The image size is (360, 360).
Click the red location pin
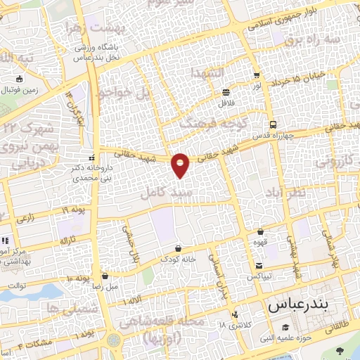(180, 165)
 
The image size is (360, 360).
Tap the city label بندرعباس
(298, 307)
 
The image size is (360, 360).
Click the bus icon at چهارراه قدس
(273, 120)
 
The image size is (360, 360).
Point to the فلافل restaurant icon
(226, 92)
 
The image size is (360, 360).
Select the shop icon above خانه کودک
(177, 248)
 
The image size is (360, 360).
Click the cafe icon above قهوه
(260, 232)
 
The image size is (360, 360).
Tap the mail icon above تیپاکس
(259, 266)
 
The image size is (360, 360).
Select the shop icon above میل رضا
(105, 276)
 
